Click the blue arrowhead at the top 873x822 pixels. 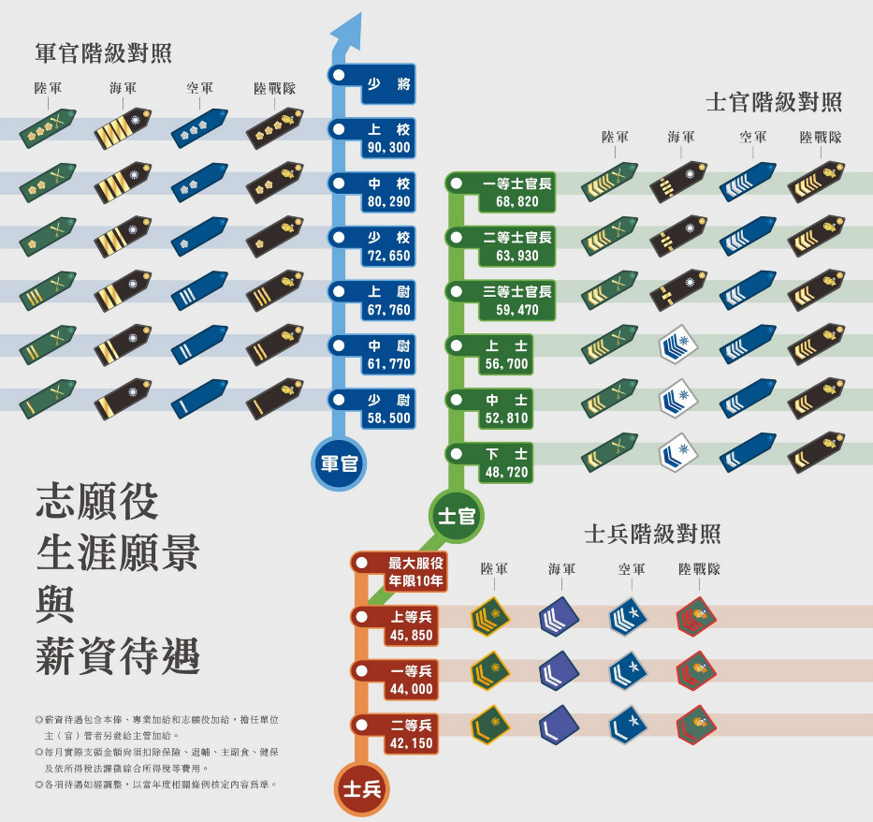[349, 34]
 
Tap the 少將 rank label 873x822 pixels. [388, 84]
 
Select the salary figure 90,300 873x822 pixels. [388, 148]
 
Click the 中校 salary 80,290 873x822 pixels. [388, 201]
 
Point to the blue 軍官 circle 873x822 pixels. [339, 463]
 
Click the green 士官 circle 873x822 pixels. [457, 516]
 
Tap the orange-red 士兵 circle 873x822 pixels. [362, 789]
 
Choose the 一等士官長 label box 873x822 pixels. [517, 192]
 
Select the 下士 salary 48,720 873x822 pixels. [506, 472]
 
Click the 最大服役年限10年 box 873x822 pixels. [415, 572]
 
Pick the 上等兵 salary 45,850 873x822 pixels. [411, 635]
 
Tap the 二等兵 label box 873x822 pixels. [411, 734]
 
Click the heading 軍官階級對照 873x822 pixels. [104, 53]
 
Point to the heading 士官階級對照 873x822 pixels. [774, 102]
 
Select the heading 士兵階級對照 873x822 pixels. [652, 534]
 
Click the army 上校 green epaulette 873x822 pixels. [48, 128]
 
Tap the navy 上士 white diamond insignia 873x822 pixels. [678, 345]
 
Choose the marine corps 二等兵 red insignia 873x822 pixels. [696, 725]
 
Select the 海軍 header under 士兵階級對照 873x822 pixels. [561, 569]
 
